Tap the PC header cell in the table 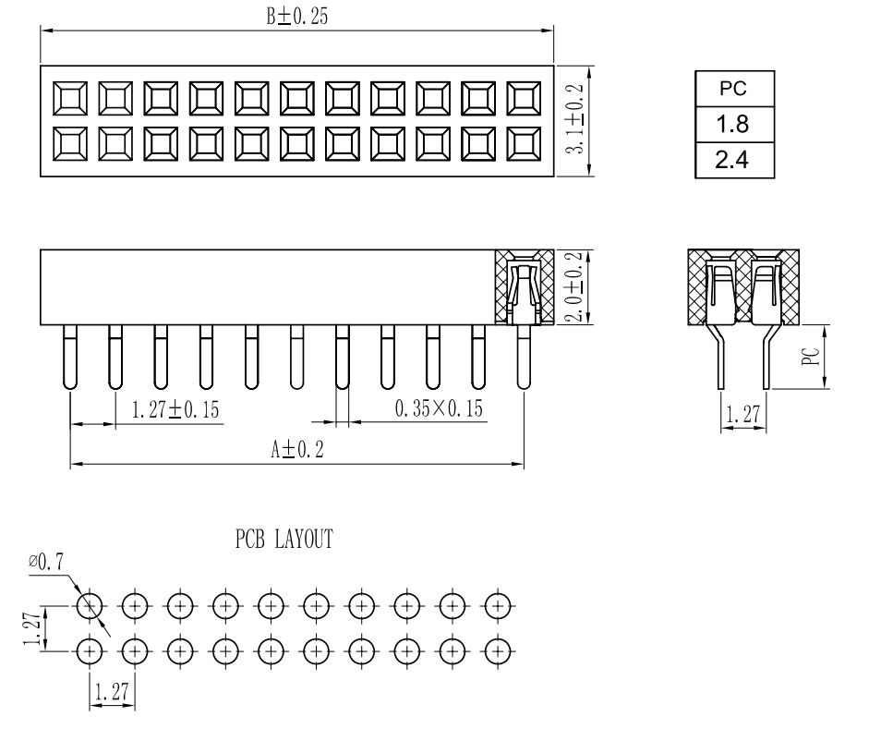pyautogui.click(x=734, y=90)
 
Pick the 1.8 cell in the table pyautogui.click(x=734, y=125)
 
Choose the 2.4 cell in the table pyautogui.click(x=734, y=161)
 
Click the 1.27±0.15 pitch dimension pyautogui.click(x=175, y=409)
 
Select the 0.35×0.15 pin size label pyautogui.click(x=439, y=409)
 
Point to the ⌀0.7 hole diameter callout pyautogui.click(x=45, y=561)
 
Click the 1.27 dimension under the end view pyautogui.click(x=742, y=415)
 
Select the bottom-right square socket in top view pyautogui.click(x=525, y=143)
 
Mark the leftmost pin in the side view pyautogui.click(x=70, y=356)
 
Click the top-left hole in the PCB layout pyautogui.click(x=90, y=606)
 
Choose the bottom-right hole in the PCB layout pyautogui.click(x=498, y=650)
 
